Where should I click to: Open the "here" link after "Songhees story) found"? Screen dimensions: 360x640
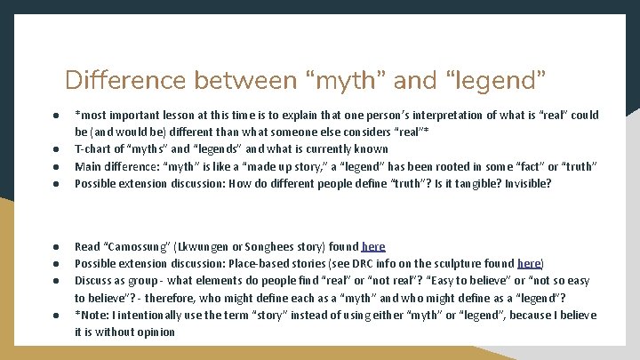pos(373,246)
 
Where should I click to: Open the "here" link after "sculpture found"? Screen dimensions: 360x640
pos(529,263)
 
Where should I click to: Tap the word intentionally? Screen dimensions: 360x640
pos(151,315)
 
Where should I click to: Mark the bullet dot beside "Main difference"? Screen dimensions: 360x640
pos(55,166)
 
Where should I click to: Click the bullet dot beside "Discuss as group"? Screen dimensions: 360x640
pos(55,281)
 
